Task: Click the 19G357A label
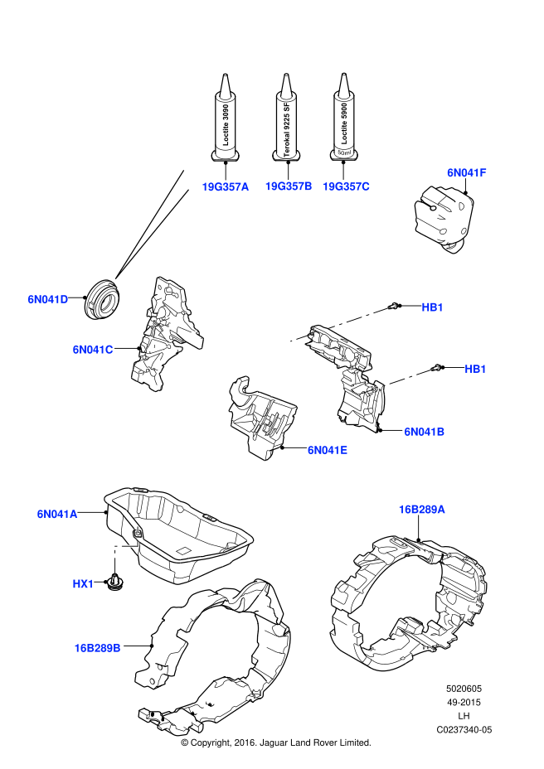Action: [x=225, y=187]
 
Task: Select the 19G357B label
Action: [x=288, y=186]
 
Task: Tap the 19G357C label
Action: [x=346, y=186]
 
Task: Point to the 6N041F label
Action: [x=466, y=173]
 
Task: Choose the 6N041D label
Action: [x=47, y=300]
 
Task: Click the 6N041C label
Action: [x=92, y=350]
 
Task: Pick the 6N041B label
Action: [x=424, y=432]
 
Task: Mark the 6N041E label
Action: [x=327, y=450]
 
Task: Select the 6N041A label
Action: [x=56, y=515]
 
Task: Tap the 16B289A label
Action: [x=421, y=510]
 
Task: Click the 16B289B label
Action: [x=97, y=648]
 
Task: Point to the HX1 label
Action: [x=83, y=584]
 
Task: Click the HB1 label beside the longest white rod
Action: [x=432, y=307]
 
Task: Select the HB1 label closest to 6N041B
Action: [x=475, y=370]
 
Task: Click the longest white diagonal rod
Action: [x=358, y=317]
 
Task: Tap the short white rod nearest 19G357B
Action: [x=300, y=337]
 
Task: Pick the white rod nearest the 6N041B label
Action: [x=407, y=378]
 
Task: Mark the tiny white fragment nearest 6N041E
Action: [x=367, y=391]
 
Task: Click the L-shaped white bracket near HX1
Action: [x=121, y=549]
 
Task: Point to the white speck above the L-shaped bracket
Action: [x=138, y=529]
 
